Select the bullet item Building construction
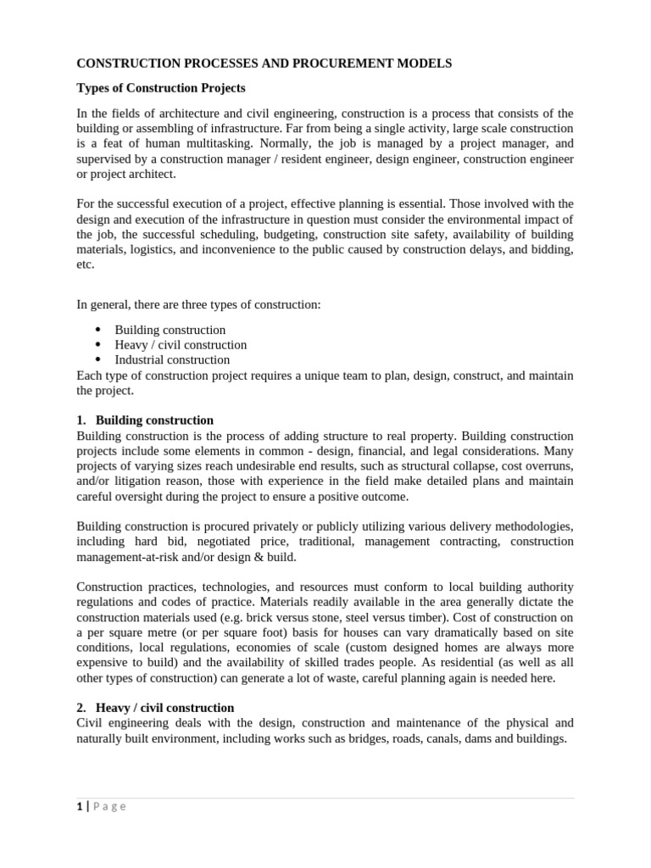[170, 330]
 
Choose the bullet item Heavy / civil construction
[181, 345]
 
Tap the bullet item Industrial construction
[172, 359]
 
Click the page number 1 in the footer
[79, 806]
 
